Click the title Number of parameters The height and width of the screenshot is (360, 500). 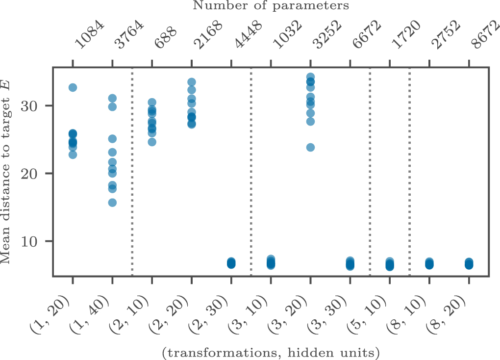click(x=271, y=6)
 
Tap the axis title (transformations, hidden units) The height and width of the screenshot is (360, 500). click(x=271, y=352)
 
